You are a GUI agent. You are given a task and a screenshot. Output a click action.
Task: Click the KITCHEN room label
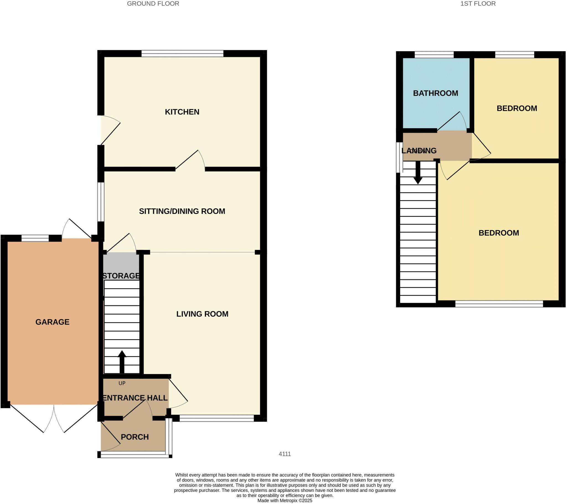pos(182,112)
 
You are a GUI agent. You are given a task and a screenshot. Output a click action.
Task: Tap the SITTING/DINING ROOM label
pos(182,211)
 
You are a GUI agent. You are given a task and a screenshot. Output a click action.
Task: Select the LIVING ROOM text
pos(202,314)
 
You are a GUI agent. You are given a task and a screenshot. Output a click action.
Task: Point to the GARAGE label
pos(52,322)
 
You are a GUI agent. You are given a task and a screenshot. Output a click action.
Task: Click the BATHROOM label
pos(435,93)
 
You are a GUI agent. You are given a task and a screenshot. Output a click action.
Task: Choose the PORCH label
pos(135,437)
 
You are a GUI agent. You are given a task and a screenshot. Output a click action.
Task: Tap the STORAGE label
pos(121,276)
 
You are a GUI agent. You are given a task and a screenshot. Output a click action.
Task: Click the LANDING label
pos(419,151)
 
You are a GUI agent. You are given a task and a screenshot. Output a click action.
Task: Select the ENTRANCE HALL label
pos(135,398)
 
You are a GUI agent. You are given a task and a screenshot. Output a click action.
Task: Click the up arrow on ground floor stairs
pos(122,361)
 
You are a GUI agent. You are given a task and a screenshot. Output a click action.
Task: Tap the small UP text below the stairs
pos(122,383)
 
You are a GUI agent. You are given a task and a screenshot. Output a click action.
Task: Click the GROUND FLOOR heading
pos(153,4)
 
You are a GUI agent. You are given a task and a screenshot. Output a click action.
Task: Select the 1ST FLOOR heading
pos(478,4)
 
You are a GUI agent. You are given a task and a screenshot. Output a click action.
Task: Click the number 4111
pos(285,454)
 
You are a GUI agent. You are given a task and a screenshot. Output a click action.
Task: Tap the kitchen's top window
pos(182,53)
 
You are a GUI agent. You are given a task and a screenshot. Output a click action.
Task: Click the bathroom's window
pos(434,55)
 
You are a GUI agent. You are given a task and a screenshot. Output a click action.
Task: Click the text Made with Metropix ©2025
pos(285,500)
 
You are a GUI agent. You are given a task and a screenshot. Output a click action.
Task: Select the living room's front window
pos(217,418)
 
